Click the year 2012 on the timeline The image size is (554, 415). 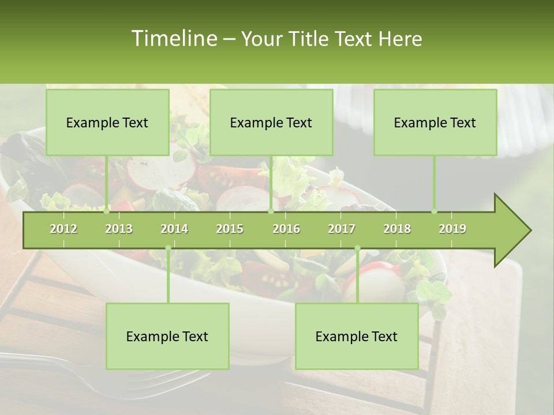click(x=63, y=229)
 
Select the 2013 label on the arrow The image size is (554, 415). click(x=119, y=229)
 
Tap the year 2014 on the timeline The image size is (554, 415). click(x=174, y=229)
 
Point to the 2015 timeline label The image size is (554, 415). click(x=230, y=229)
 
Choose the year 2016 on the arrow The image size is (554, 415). click(x=286, y=229)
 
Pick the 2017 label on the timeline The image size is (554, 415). click(x=342, y=229)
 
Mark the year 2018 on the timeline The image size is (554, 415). click(x=397, y=229)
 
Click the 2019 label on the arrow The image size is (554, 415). click(x=452, y=229)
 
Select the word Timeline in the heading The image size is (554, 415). click(x=173, y=39)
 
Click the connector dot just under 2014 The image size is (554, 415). click(x=168, y=248)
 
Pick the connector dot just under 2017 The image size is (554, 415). click(x=357, y=248)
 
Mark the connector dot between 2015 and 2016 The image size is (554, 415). click(x=271, y=212)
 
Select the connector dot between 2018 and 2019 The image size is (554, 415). click(x=434, y=212)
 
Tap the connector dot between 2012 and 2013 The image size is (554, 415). click(x=107, y=212)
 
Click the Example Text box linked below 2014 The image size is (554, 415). click(x=167, y=336)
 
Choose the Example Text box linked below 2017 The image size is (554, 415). click(x=357, y=336)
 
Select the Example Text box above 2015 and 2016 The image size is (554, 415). click(x=271, y=122)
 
